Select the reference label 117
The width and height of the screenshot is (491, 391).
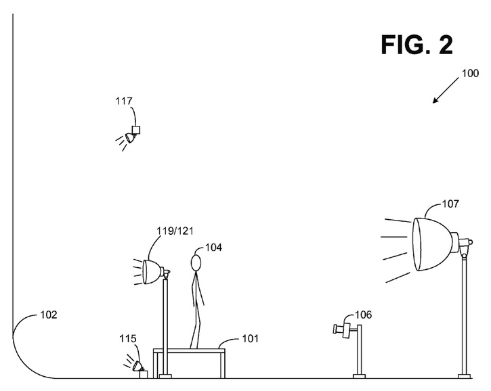click(x=123, y=101)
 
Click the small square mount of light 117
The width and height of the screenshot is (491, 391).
click(x=136, y=129)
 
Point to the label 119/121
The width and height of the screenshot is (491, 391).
click(x=174, y=230)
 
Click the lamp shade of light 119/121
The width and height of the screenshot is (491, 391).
click(x=152, y=271)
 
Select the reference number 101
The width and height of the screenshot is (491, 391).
click(x=248, y=338)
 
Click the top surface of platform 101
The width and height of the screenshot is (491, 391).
click(x=190, y=349)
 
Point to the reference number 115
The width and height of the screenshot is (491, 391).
click(x=127, y=338)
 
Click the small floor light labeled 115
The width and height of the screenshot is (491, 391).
click(x=138, y=367)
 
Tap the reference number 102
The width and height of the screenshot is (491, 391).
click(x=49, y=315)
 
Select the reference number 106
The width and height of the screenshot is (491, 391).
click(x=363, y=315)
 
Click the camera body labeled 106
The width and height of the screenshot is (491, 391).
click(x=345, y=329)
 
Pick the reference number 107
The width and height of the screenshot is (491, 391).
click(x=450, y=203)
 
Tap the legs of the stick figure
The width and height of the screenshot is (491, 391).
click(x=196, y=325)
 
